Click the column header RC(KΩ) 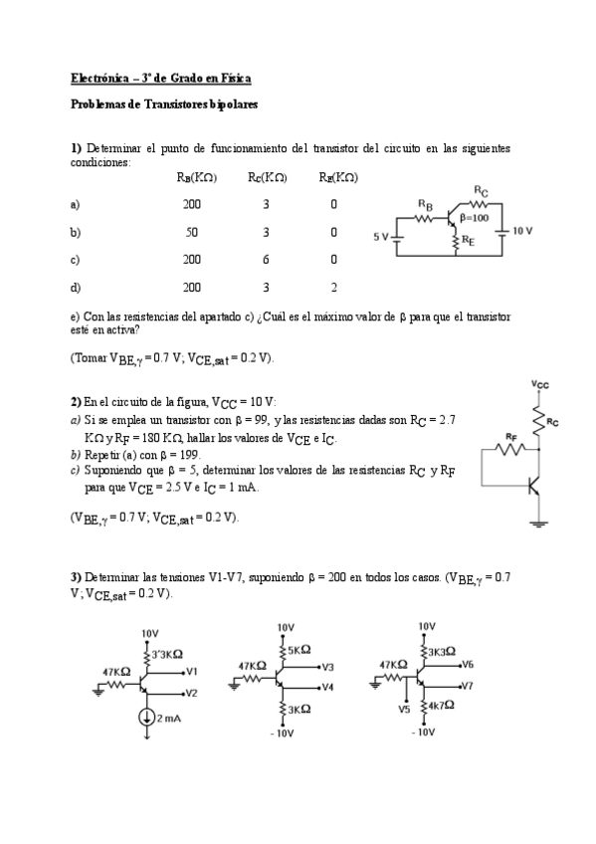268,178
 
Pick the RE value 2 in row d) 333,287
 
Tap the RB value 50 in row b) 192,232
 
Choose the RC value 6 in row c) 267,260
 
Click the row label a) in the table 76,205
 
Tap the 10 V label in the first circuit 523,230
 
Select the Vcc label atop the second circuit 539,383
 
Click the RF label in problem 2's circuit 510,435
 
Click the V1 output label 192,670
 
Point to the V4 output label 327,687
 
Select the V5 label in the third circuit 403,710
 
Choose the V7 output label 468,686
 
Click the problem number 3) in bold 76,576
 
